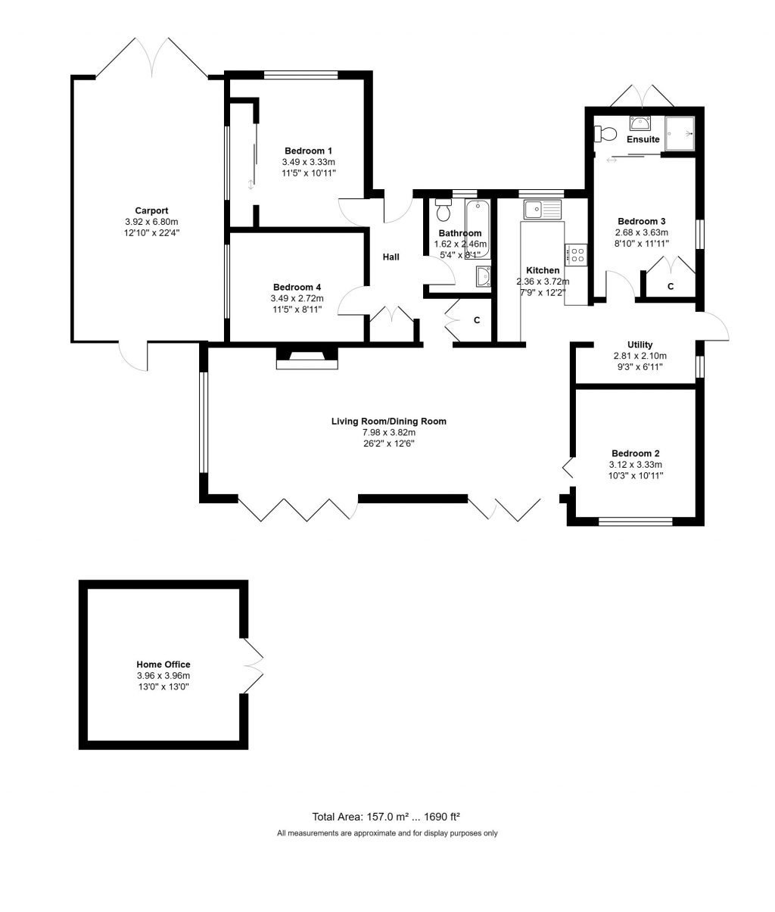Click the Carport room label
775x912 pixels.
click(x=151, y=210)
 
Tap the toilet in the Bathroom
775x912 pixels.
click(x=444, y=210)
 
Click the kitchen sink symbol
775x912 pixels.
click(x=541, y=208)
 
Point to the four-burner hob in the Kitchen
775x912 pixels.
click(x=576, y=255)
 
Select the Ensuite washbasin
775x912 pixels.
click(x=640, y=123)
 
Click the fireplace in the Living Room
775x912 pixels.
click(x=307, y=358)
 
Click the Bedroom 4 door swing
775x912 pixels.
click(x=350, y=303)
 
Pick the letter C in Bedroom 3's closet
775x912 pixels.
click(x=671, y=286)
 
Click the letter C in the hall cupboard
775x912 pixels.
click(x=477, y=320)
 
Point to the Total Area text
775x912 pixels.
click(x=387, y=817)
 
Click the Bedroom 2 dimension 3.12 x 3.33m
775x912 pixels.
click(x=635, y=465)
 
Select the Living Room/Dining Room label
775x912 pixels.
click(x=388, y=421)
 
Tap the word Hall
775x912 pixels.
click(x=391, y=257)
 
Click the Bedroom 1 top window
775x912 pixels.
click(x=300, y=74)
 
